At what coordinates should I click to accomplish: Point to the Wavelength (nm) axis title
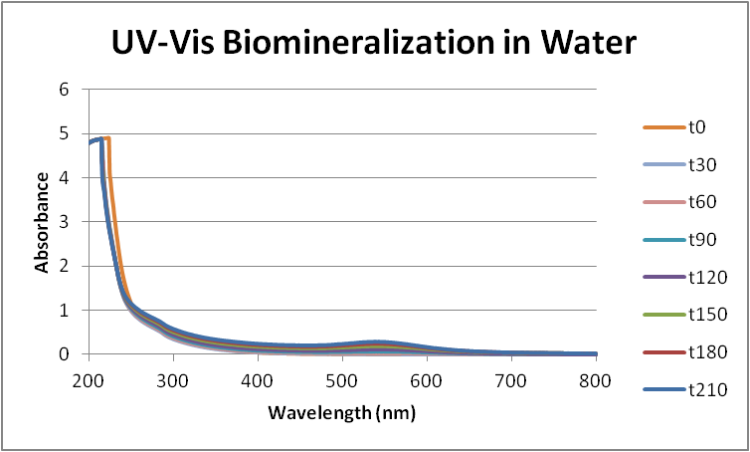[341, 410]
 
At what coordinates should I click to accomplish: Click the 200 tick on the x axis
[88, 379]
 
